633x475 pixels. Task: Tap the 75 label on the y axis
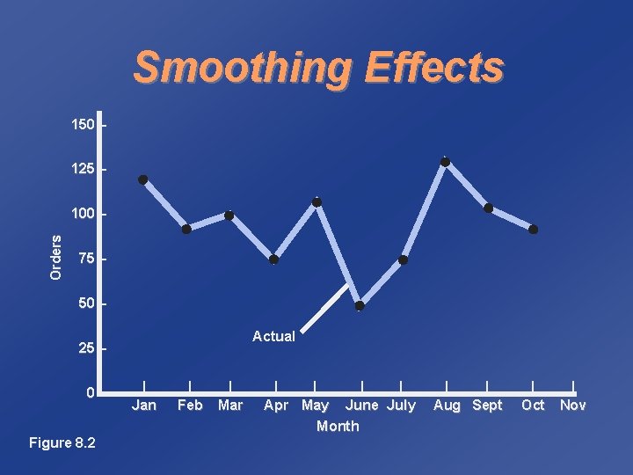tap(86, 259)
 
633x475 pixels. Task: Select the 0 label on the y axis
tap(91, 391)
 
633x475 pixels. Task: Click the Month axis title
tap(338, 426)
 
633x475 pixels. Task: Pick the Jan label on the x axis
tap(144, 406)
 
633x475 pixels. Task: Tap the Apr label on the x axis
tap(276, 406)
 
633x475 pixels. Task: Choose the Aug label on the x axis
tap(447, 406)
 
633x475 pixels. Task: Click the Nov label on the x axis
tap(573, 406)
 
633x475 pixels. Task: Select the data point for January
tap(142, 179)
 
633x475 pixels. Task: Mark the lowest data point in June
tap(360, 306)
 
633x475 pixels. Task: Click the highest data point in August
tap(445, 162)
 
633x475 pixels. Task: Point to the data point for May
tap(316, 202)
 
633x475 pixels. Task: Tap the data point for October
tap(533, 230)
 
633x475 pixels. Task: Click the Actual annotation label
tap(273, 336)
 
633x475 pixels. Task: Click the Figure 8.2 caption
tap(62, 441)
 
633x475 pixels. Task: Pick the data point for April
tap(274, 259)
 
